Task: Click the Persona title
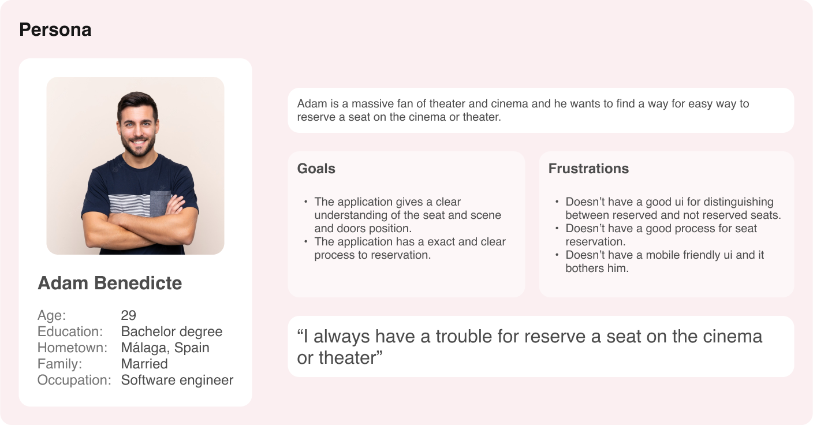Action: pos(55,30)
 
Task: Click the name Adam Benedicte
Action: pos(110,283)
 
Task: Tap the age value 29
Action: pos(129,315)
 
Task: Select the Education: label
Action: pos(70,331)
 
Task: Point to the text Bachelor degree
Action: pos(171,331)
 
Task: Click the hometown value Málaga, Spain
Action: pos(165,348)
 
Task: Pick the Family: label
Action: pos(59,364)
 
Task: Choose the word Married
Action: pos(144,364)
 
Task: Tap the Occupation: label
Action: pos(74,380)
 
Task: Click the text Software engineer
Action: pos(177,380)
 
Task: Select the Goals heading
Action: pos(316,169)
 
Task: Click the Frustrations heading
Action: pos(588,169)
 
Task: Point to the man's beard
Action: pos(138,144)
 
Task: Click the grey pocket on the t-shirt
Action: pos(160,203)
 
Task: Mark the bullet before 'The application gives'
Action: pos(306,202)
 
